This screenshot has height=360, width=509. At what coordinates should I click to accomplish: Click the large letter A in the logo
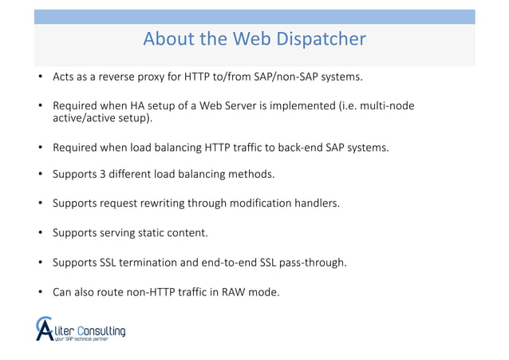pyautogui.click(x=45, y=329)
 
